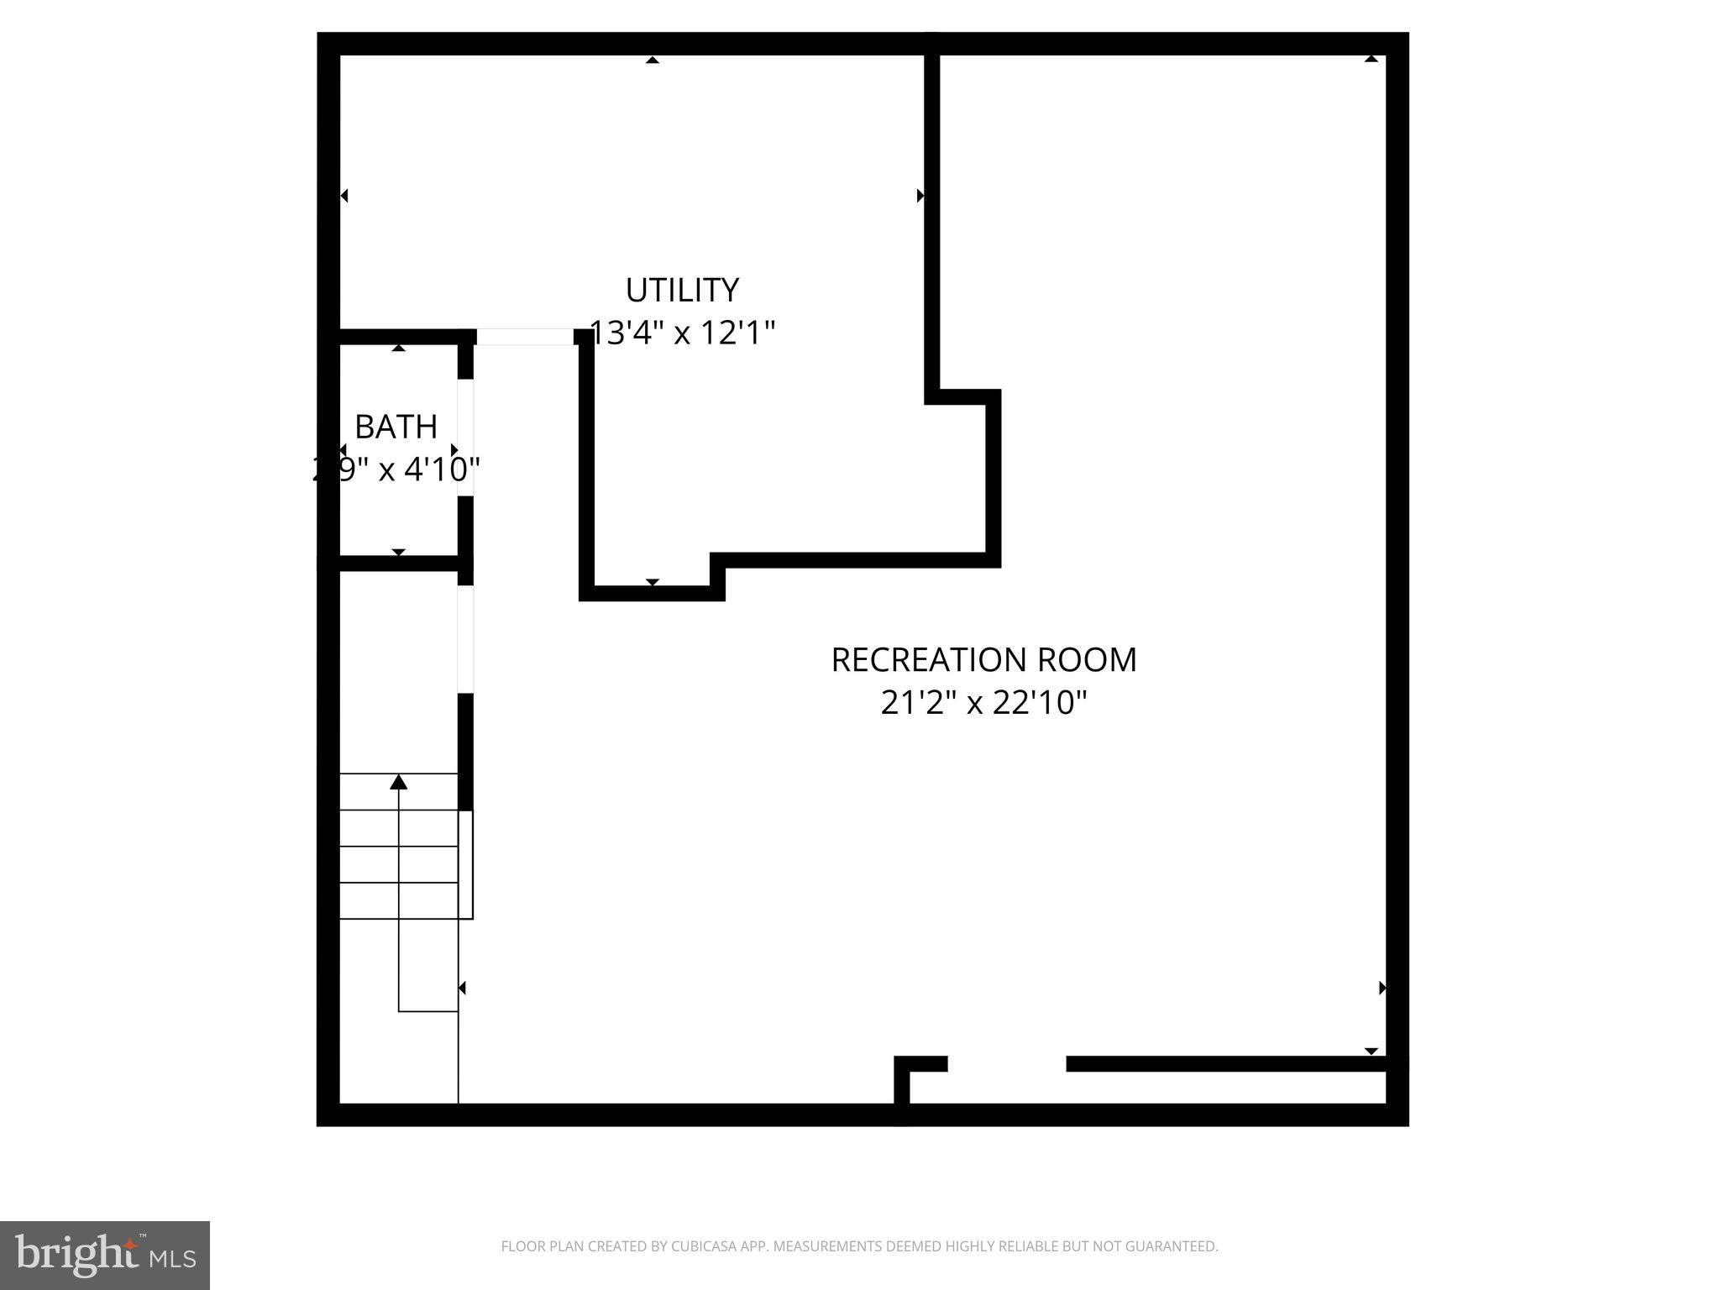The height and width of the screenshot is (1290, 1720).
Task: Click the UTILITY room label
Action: (682, 291)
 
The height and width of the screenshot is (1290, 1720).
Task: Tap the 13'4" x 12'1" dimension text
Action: (682, 333)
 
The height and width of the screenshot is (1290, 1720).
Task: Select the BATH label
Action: (396, 427)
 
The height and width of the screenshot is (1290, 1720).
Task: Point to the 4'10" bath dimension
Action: (442, 469)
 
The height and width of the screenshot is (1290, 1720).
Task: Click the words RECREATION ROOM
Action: (983, 660)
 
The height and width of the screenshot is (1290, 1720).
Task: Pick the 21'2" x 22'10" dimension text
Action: (983, 702)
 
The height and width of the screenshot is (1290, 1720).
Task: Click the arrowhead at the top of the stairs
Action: (399, 783)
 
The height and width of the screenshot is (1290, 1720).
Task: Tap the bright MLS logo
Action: (105, 1255)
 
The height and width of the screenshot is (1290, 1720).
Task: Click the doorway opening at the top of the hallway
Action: (525, 337)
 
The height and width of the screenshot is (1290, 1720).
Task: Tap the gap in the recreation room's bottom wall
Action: (1006, 1064)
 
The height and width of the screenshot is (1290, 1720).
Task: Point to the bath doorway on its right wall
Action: (465, 437)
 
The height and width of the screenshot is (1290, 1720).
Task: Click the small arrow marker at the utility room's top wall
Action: (653, 60)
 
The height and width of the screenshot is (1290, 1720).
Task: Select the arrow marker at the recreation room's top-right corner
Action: (1371, 60)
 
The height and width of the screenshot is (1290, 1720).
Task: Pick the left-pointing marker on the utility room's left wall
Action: (344, 196)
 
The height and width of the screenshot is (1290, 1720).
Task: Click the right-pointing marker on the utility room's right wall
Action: (920, 196)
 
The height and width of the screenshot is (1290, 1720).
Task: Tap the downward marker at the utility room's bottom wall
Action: (653, 582)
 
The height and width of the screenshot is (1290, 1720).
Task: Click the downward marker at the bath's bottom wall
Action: (399, 552)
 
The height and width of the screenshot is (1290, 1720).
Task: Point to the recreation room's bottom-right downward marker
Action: (1371, 1051)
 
